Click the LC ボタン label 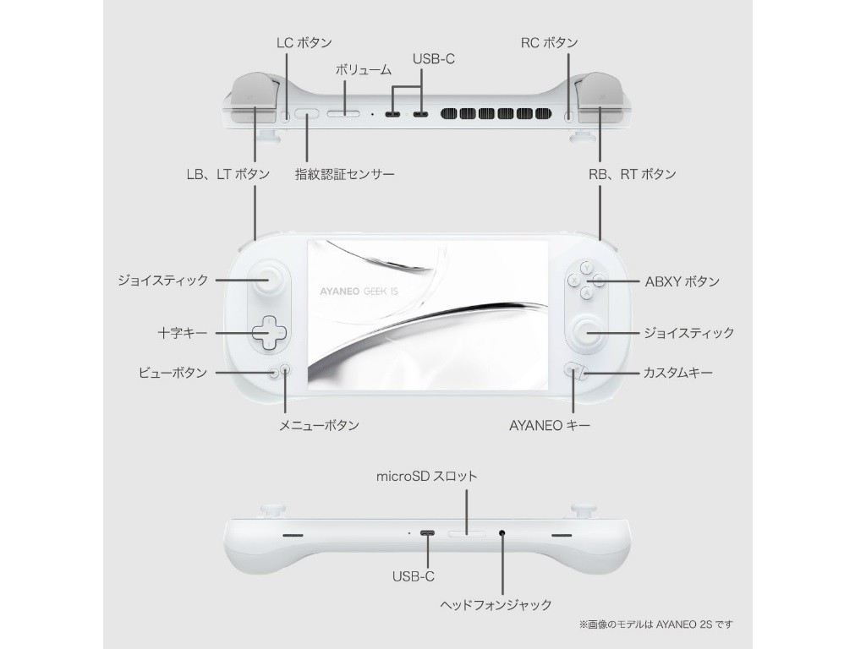coord(304,42)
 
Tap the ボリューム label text coord(364,70)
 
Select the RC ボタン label coord(549,42)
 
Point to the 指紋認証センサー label coord(344,174)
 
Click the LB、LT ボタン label coord(227,174)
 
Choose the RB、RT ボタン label coord(633,174)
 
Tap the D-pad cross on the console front coord(268,332)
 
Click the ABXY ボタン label coord(682,281)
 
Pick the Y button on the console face coord(585,267)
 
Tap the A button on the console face coord(585,293)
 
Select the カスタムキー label coord(677,372)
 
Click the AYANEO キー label coord(549,426)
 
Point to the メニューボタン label coord(319,426)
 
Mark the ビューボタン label coord(172,372)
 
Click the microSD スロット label coord(426,476)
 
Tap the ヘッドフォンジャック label coord(496,604)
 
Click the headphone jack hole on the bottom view coord(503,533)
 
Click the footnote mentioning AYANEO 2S coord(655,624)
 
